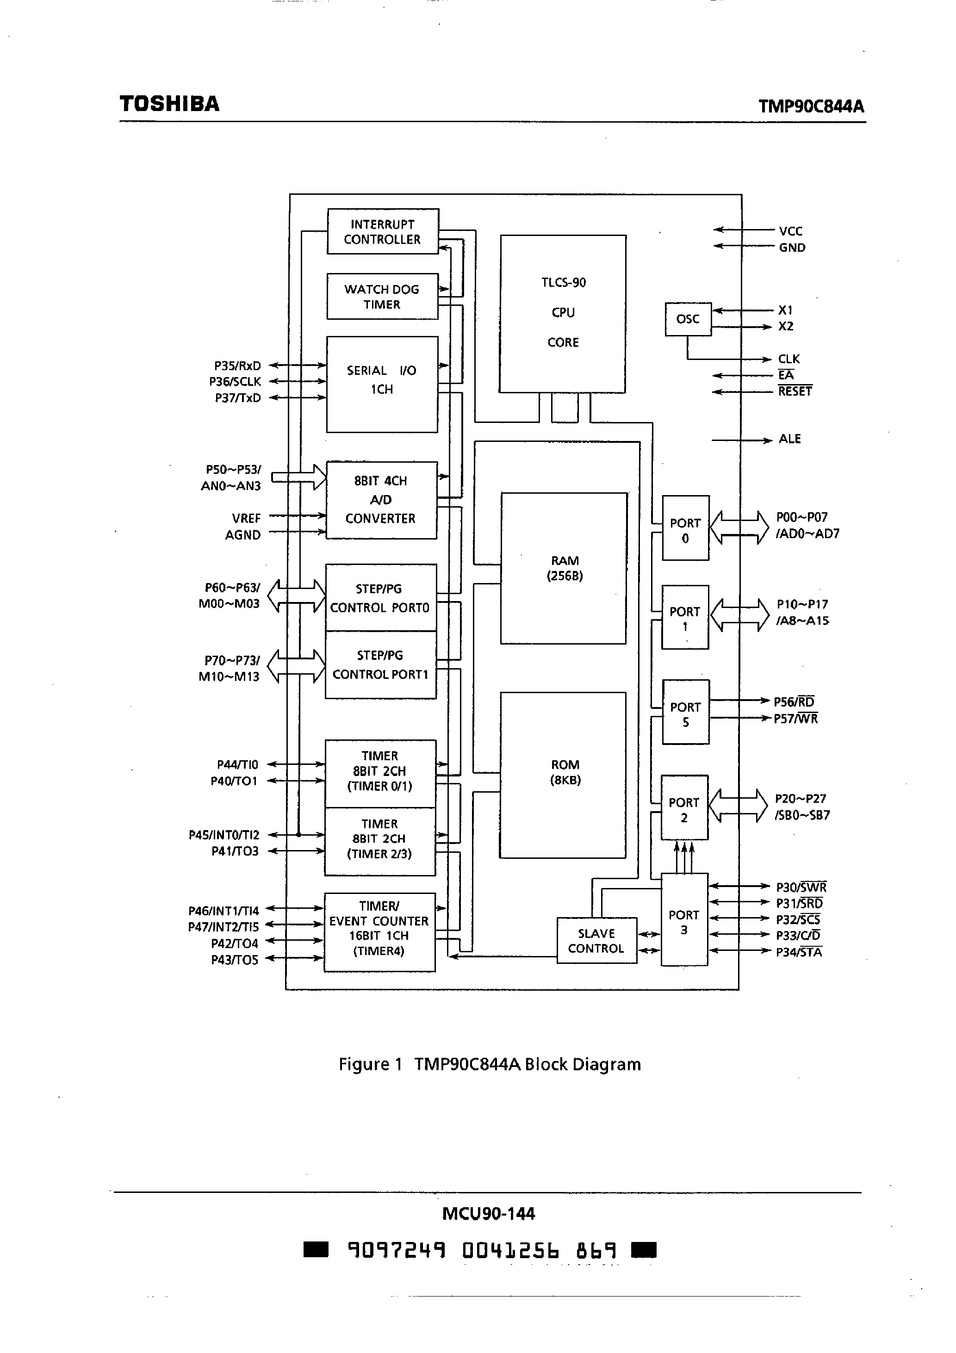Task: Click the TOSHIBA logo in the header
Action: coord(169,104)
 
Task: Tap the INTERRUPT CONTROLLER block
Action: coord(383,231)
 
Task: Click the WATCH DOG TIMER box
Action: coord(382,297)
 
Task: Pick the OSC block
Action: coord(687,319)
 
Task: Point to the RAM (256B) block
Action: coord(564,568)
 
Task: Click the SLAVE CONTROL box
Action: coord(596,941)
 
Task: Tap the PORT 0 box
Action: coord(685,530)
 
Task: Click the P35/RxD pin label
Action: coord(237,366)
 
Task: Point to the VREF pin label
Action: coord(246,519)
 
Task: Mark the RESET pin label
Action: coord(795,391)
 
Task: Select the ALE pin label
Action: coord(789,439)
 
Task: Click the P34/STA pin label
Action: coord(799,952)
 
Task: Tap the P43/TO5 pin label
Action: coord(235,960)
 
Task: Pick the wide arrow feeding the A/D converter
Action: coord(299,478)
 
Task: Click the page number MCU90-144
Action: coord(488,1213)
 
